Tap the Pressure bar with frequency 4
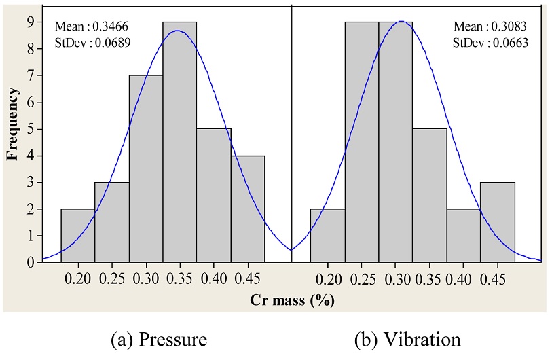(247, 209)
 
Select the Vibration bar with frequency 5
(429, 196)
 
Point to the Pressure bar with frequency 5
(213, 196)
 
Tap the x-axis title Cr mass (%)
(292, 299)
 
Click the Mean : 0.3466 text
(92, 26)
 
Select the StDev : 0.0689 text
(92, 43)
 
